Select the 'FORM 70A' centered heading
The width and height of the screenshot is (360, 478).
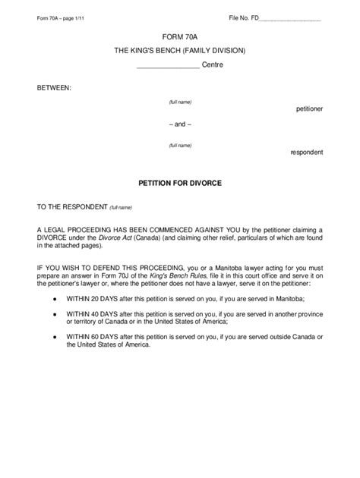pos(179,36)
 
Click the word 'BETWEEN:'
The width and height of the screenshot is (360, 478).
pos(55,88)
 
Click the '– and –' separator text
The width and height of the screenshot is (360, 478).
pos(179,124)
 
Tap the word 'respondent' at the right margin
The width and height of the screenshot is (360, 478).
pos(307,152)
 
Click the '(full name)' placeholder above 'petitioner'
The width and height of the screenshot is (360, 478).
pos(180,102)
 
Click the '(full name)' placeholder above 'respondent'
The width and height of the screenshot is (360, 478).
pos(180,145)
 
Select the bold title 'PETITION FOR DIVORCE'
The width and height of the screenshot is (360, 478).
pos(179,183)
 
